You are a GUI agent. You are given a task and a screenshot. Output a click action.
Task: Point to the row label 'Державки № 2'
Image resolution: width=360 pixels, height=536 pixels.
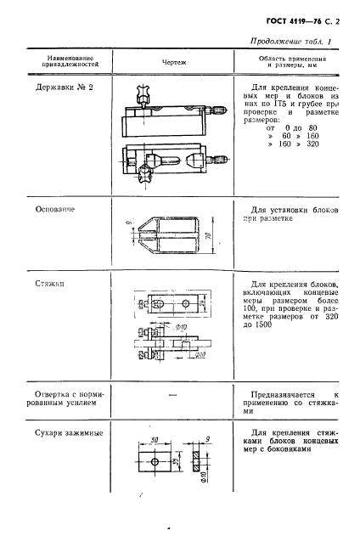click(62, 87)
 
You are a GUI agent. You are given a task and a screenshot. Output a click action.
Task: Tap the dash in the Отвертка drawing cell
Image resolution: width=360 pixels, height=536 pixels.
click(172, 395)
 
